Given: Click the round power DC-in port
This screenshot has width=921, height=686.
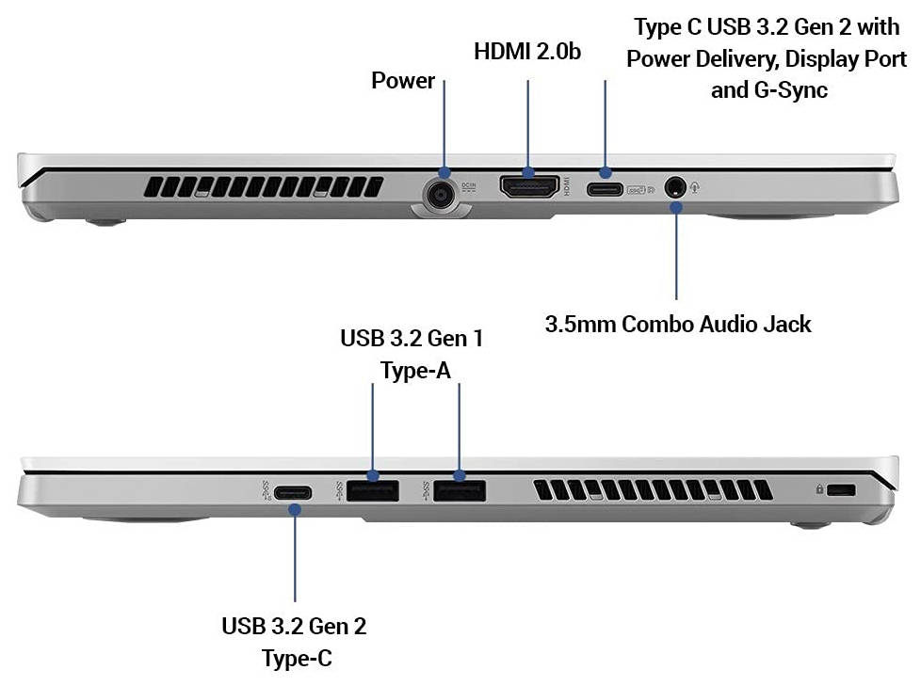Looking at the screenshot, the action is pyautogui.click(x=441, y=194).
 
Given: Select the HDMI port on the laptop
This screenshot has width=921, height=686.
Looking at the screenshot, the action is pyautogui.click(x=528, y=186).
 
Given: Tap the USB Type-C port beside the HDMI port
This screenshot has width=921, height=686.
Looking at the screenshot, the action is pyautogui.click(x=605, y=189).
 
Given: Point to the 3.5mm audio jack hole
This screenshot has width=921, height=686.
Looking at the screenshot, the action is pyautogui.click(x=674, y=188).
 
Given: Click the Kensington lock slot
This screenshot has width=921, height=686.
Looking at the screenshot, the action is pyautogui.click(x=841, y=489).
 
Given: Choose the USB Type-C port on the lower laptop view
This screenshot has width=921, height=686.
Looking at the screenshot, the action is pyautogui.click(x=293, y=492).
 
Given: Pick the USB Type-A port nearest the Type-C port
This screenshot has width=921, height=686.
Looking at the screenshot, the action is pyautogui.click(x=372, y=490).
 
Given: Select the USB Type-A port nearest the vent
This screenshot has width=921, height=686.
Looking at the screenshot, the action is pyautogui.click(x=460, y=490).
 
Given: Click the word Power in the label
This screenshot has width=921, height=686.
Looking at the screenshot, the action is pyautogui.click(x=403, y=80).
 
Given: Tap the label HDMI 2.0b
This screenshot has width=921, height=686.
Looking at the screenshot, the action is pyautogui.click(x=527, y=52).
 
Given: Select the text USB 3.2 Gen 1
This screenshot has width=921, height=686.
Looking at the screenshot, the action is pyautogui.click(x=412, y=338).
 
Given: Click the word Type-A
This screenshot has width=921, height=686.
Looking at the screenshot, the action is pyautogui.click(x=416, y=370).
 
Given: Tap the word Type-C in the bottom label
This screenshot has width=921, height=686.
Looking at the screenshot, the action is pyautogui.click(x=297, y=659).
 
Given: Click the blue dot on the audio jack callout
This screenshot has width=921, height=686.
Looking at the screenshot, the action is pyautogui.click(x=676, y=207).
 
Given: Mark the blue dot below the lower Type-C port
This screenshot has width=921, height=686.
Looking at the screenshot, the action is pyautogui.click(x=295, y=509).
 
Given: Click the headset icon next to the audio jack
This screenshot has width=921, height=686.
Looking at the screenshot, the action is pyautogui.click(x=695, y=188).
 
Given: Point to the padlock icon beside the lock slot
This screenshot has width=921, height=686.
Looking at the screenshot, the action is pyautogui.click(x=819, y=488).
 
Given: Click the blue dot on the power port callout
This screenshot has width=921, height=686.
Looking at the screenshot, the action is pyautogui.click(x=444, y=172).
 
